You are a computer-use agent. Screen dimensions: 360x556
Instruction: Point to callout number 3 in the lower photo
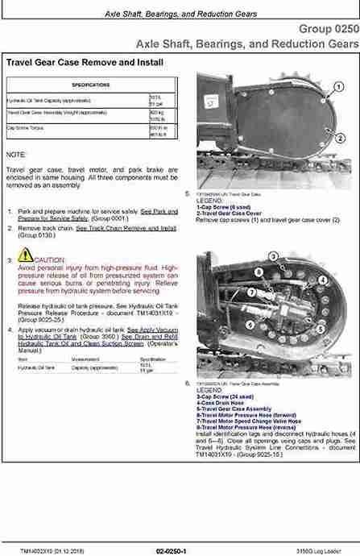[274, 256]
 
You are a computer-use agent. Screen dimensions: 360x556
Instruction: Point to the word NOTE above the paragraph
[16, 153]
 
